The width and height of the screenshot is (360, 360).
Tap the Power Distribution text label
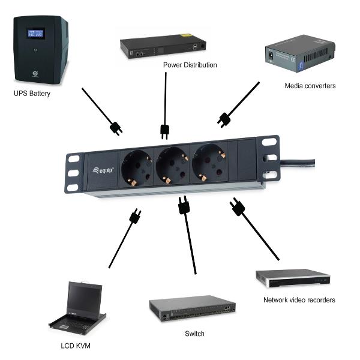click(x=190, y=65)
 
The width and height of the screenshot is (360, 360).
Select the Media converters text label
click(x=310, y=86)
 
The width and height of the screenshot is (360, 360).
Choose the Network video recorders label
click(x=299, y=300)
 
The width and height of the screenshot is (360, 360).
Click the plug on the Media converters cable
click(x=224, y=119)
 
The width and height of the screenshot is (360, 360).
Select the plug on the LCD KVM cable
click(x=135, y=216)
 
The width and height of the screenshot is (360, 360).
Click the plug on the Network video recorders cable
click(x=238, y=208)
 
